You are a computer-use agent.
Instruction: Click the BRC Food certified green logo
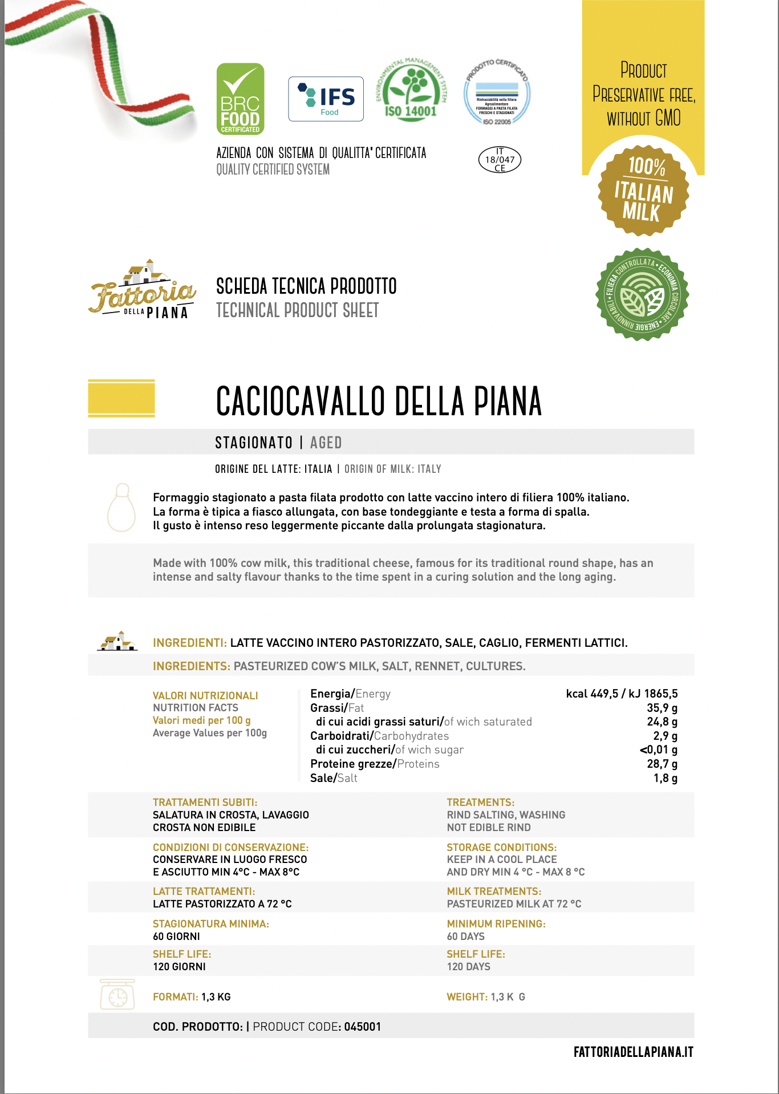(x=240, y=99)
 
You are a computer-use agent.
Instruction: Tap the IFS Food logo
(x=326, y=99)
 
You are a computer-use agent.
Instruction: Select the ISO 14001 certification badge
(x=411, y=90)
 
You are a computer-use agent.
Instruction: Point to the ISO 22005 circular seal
(x=497, y=93)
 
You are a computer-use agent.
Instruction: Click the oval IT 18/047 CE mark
(x=500, y=160)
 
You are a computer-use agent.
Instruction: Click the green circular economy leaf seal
(x=642, y=294)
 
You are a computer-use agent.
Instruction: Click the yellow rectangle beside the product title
(x=121, y=398)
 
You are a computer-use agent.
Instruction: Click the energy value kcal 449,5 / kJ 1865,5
(x=622, y=694)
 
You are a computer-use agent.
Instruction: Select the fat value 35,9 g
(x=662, y=708)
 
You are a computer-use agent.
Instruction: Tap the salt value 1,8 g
(x=666, y=778)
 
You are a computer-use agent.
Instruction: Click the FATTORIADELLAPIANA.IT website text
(x=633, y=1052)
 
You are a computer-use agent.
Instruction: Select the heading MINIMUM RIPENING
(x=496, y=923)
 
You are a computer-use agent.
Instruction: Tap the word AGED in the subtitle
(x=326, y=443)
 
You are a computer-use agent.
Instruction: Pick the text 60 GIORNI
(x=176, y=937)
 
